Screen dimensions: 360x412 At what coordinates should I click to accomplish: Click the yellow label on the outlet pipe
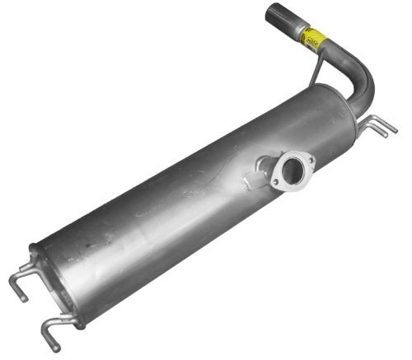312,37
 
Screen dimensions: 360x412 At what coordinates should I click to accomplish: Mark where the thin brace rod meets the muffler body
310,84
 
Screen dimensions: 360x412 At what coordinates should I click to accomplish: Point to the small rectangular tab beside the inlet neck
248,176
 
